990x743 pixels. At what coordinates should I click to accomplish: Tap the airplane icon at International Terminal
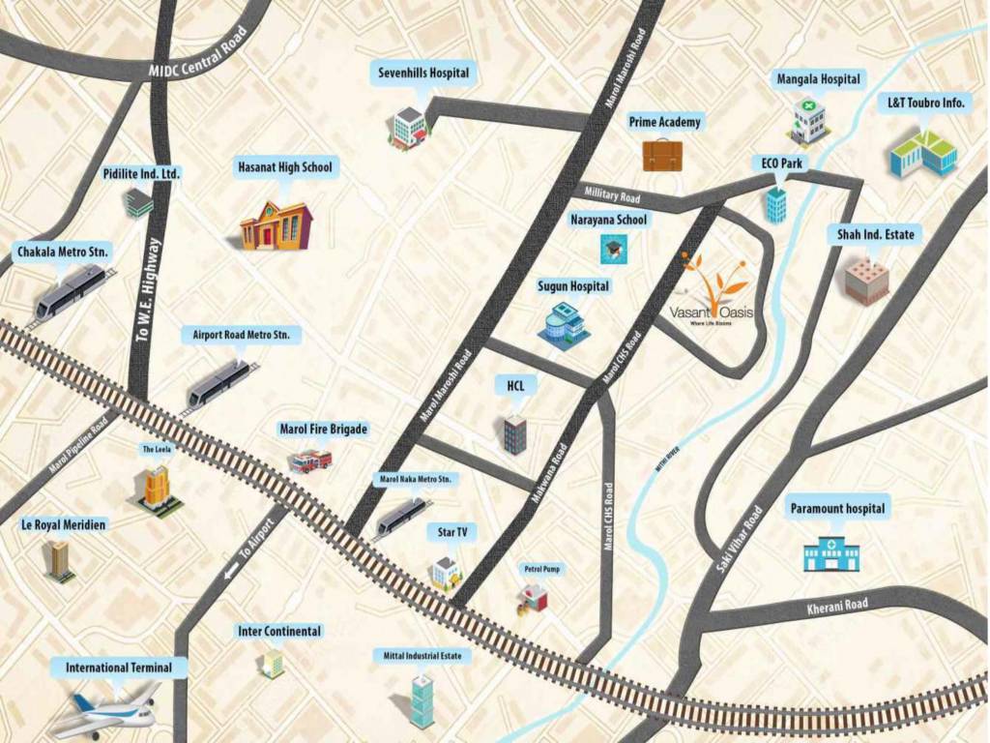click(x=105, y=713)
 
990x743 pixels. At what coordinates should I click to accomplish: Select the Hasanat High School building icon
click(x=277, y=225)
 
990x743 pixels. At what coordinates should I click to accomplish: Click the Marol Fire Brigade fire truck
click(x=310, y=461)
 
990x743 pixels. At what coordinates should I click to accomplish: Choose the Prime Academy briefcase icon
click(x=662, y=155)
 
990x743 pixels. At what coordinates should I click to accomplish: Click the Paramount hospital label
click(x=837, y=508)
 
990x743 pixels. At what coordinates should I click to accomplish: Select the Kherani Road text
click(x=837, y=608)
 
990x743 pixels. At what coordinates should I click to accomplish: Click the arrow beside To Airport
click(x=231, y=573)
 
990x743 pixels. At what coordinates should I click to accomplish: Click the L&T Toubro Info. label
click(x=925, y=102)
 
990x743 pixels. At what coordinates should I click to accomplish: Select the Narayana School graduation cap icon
click(x=612, y=250)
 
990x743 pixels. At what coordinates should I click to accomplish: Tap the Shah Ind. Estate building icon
click(x=866, y=281)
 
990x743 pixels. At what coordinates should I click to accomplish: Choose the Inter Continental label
click(x=279, y=631)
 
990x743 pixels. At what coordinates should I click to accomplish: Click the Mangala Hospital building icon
click(x=808, y=120)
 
